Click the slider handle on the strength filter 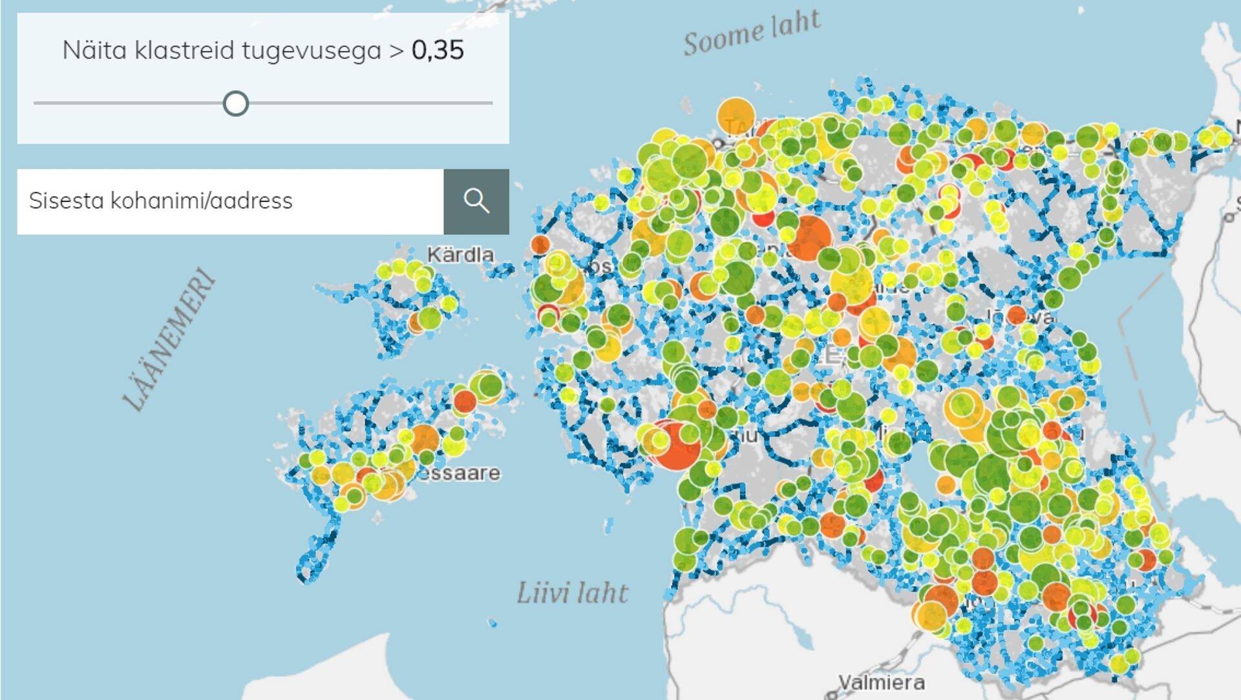click(236, 103)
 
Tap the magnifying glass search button click(476, 201)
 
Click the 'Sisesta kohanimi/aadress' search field click(230, 201)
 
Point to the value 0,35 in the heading click(438, 50)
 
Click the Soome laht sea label click(752, 32)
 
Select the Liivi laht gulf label click(572, 593)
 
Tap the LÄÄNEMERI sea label click(169, 340)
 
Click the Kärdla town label click(460, 254)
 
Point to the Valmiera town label click(881, 682)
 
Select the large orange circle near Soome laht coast click(736, 116)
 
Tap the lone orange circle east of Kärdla click(540, 244)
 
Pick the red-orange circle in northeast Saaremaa click(464, 402)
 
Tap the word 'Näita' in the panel click(94, 50)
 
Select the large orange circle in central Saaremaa click(424, 439)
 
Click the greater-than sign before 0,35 click(396, 50)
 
